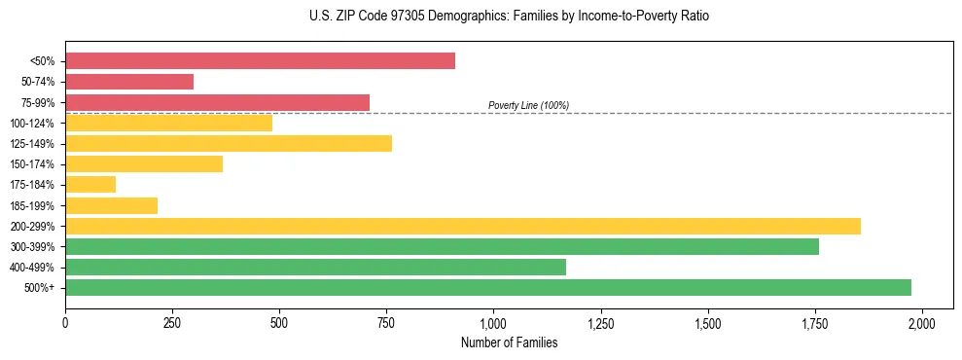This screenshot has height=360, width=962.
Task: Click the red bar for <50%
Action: tap(260, 61)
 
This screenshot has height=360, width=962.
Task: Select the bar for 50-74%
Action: tap(129, 82)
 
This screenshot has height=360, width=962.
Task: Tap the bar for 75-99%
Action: tap(217, 102)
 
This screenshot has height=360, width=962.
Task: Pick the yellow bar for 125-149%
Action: tap(229, 143)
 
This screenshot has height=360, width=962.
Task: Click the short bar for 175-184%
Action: tap(90, 185)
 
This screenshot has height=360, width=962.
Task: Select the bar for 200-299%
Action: tap(463, 226)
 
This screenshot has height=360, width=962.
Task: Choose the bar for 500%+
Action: tap(488, 287)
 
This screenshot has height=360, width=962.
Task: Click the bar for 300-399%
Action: tap(442, 246)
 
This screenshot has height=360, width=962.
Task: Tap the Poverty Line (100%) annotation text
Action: tap(528, 105)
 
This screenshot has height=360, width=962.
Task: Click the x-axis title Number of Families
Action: tap(509, 342)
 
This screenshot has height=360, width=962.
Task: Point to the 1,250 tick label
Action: tap(601, 322)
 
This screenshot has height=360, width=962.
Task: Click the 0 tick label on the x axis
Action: tap(65, 322)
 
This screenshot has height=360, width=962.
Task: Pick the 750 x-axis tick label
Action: tap(387, 322)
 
